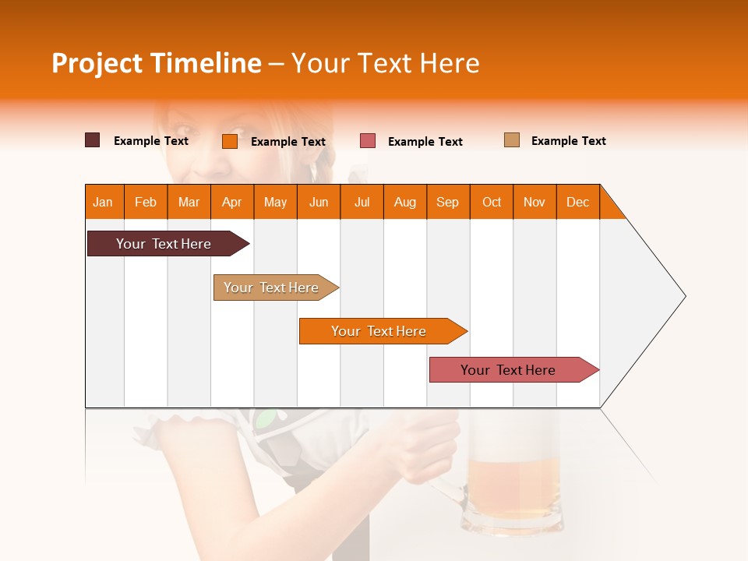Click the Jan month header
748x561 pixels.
(104, 202)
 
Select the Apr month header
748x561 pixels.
(232, 202)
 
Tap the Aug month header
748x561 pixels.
(405, 202)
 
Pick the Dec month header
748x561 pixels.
(578, 202)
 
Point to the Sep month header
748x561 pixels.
(448, 202)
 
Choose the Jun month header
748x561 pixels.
(319, 202)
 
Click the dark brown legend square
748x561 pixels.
(93, 140)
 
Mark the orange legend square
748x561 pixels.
(230, 141)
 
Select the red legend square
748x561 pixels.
(368, 141)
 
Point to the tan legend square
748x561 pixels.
(512, 140)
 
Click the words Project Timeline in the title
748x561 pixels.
(156, 63)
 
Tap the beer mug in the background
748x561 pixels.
(513, 487)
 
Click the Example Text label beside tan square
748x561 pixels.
(568, 141)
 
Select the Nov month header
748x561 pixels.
(535, 202)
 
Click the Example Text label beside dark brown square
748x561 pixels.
(151, 141)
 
